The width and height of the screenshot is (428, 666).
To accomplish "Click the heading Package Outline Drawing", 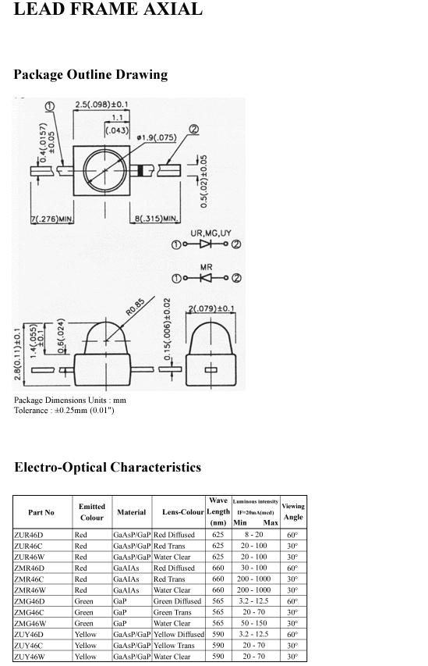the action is pyautogui.click(x=90, y=74).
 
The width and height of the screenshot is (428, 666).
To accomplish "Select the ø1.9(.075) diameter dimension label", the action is pyautogui.click(x=156, y=137).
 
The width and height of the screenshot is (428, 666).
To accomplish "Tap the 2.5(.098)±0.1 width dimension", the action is pyautogui.click(x=101, y=104).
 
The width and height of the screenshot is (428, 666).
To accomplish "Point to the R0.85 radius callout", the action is pyautogui.click(x=136, y=307).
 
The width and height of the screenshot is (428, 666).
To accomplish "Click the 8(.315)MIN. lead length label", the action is pyautogui.click(x=155, y=219).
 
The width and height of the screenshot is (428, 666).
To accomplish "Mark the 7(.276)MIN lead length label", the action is pyautogui.click(x=51, y=219).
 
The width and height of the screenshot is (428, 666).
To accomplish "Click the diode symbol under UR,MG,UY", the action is pyautogui.click(x=206, y=244).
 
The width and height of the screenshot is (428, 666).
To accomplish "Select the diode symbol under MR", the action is pyautogui.click(x=206, y=278).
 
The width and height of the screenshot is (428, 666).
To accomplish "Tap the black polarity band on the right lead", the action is pyautogui.click(x=140, y=171).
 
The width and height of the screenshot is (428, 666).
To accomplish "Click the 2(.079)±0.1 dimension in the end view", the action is pyautogui.click(x=210, y=308).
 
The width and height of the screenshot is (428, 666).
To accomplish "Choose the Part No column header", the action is pyautogui.click(x=41, y=512).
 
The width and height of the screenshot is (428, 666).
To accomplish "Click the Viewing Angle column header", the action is pyautogui.click(x=293, y=511).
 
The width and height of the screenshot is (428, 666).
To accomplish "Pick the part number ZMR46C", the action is pyautogui.click(x=29, y=579).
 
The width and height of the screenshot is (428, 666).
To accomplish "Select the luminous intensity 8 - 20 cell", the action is pyautogui.click(x=253, y=535).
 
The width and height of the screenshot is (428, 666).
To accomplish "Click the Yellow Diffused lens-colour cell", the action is pyautogui.click(x=179, y=634).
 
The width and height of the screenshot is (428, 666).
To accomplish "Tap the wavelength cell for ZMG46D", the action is pyautogui.click(x=218, y=601).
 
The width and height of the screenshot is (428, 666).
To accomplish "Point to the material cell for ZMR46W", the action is pyautogui.click(x=126, y=590).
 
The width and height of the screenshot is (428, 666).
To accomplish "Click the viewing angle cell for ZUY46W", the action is pyautogui.click(x=292, y=656).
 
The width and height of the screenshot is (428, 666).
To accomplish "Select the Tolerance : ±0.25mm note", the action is pyautogui.click(x=64, y=411).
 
